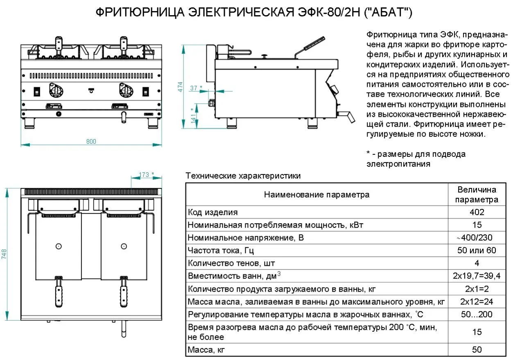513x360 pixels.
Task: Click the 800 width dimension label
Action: click(x=91, y=141)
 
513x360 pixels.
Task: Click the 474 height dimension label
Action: click(x=180, y=87)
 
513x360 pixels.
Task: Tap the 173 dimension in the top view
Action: click(x=144, y=174)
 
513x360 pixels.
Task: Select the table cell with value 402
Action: click(x=477, y=212)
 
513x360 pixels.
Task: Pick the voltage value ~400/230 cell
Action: click(x=477, y=238)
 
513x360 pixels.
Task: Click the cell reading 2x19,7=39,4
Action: click(x=477, y=276)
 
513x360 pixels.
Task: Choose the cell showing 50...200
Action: click(x=477, y=315)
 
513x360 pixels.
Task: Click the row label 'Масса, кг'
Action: click(x=206, y=350)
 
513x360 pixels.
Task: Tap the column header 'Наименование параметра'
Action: click(x=316, y=195)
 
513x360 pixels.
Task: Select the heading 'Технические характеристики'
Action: click(x=243, y=176)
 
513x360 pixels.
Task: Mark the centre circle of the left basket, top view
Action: click(x=59, y=246)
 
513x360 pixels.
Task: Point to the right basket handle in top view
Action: click(x=123, y=291)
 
